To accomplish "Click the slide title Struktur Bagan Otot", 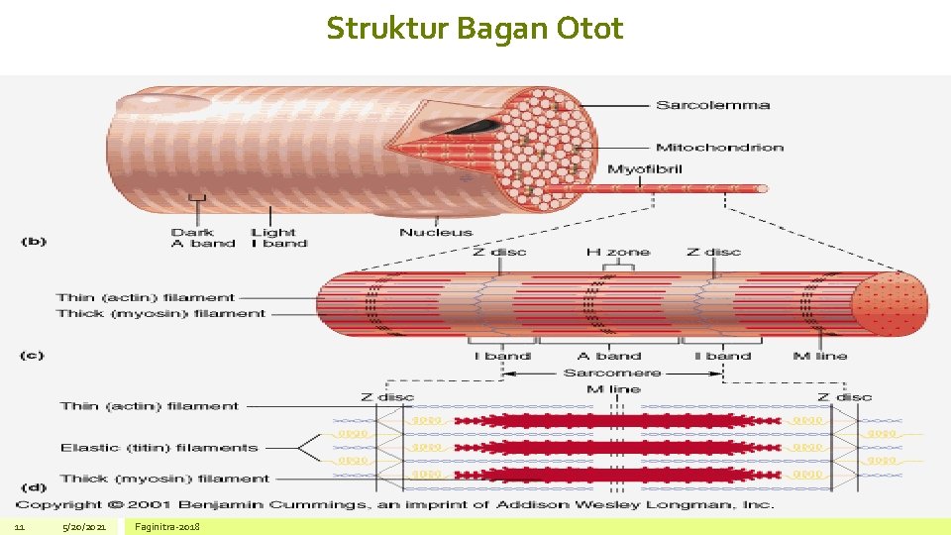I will tap(475, 29).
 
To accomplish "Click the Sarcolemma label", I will tap(711, 106).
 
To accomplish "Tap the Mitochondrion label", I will tap(719, 148).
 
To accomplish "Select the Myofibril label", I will tap(644, 169).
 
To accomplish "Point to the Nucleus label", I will tap(436, 233).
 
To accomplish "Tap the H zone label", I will tap(617, 253).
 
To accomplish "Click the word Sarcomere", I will tap(611, 374).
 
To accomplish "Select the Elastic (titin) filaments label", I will tap(158, 448).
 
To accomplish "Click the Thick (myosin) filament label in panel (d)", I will tap(164, 479).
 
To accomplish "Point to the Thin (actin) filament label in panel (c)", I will tap(146, 297).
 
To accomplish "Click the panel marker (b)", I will tap(33, 241).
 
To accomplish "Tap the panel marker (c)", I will tap(33, 355).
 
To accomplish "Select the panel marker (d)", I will tap(33, 486).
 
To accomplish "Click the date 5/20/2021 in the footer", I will tap(83, 527).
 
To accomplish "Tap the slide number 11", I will tap(19, 527).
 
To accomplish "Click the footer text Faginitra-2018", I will tap(167, 527).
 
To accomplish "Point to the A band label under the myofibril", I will tap(609, 356).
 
